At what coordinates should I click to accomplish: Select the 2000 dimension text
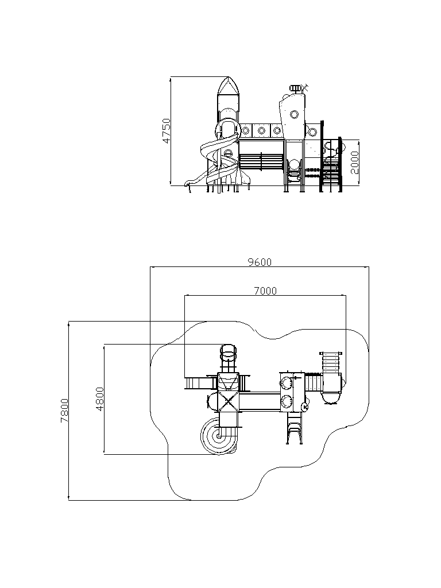pyautogui.click(x=355, y=163)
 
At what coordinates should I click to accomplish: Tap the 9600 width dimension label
pyautogui.click(x=260, y=262)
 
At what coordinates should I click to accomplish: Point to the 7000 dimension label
pyautogui.click(x=265, y=291)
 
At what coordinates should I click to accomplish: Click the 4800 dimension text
pyautogui.click(x=100, y=399)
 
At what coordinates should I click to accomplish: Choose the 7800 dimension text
pyautogui.click(x=64, y=410)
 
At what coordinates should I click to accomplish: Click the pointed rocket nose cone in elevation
pyautogui.click(x=229, y=86)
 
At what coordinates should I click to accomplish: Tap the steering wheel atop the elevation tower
pyautogui.click(x=296, y=88)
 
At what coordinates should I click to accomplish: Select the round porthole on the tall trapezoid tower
pyautogui.click(x=295, y=114)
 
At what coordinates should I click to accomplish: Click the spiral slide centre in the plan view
pyautogui.click(x=218, y=436)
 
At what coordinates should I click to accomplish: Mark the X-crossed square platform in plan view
pyautogui.click(x=228, y=401)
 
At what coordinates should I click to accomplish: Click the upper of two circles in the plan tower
pyautogui.click(x=287, y=383)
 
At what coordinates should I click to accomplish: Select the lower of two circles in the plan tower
pyautogui.click(x=287, y=401)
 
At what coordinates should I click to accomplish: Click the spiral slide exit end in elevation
pyautogui.click(x=188, y=183)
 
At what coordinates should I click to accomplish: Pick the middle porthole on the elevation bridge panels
pyautogui.click(x=261, y=131)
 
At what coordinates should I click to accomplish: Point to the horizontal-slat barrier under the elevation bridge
pyautogui.click(x=261, y=161)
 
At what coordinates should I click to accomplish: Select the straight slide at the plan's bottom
pyautogui.click(x=295, y=428)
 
